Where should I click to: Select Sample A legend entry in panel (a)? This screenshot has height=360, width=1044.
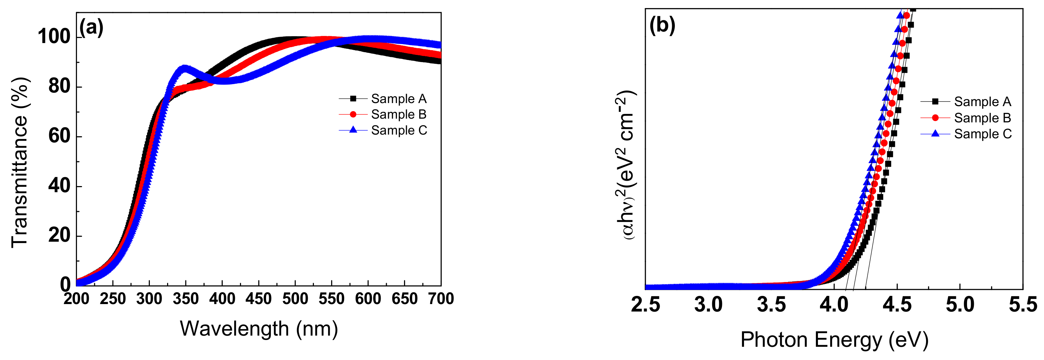(398, 99)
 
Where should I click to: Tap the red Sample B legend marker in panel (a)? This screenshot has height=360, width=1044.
(353, 114)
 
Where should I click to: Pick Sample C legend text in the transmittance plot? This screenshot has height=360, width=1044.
(399, 130)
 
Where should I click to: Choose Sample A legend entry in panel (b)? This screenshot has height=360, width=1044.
(982, 101)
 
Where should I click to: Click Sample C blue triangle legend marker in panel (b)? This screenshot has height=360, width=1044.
(935, 133)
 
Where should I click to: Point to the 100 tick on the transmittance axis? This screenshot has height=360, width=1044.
(54, 37)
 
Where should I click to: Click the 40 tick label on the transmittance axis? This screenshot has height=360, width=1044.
(59, 186)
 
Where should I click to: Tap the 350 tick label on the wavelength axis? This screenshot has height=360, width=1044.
(186, 299)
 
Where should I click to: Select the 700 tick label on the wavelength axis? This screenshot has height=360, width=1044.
(441, 299)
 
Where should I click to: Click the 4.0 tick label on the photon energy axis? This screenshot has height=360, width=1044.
(834, 305)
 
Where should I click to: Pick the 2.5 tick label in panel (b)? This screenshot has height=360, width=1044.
(645, 305)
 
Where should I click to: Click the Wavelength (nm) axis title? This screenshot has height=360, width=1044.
(259, 328)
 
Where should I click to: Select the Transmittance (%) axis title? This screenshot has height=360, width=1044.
(19, 162)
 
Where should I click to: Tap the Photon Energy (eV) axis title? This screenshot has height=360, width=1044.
(834, 339)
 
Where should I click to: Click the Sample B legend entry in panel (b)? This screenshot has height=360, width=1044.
(982, 118)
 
